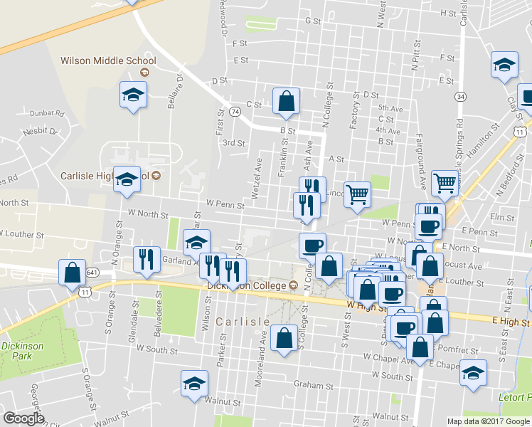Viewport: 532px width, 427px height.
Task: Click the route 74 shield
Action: click(x=234, y=111)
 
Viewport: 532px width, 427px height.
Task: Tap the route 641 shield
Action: click(x=92, y=273)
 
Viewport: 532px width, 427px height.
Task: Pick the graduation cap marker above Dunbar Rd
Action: click(x=132, y=95)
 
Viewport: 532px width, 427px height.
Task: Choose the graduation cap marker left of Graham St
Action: click(x=194, y=383)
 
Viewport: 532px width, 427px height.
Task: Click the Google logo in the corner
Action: click(x=23, y=418)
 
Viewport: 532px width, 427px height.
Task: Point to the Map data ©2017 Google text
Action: click(x=489, y=421)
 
